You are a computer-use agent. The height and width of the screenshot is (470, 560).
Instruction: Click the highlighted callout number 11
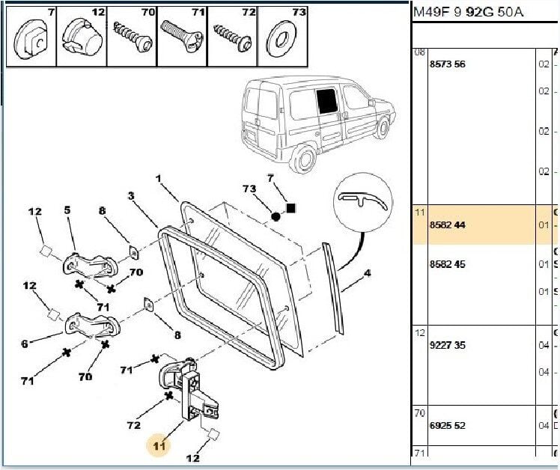pyautogui.click(x=159, y=446)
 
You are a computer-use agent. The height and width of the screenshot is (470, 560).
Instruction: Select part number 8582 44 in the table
pyautogui.click(x=447, y=225)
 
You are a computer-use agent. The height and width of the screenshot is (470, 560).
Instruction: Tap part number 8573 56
pyautogui.click(x=447, y=64)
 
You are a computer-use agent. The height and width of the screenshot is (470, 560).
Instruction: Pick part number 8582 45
pyautogui.click(x=447, y=264)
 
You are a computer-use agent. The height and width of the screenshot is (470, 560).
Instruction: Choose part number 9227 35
pyautogui.click(x=447, y=346)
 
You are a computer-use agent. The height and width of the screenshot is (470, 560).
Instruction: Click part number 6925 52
pyautogui.click(x=447, y=425)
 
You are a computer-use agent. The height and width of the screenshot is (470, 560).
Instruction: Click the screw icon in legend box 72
pyautogui.click(x=232, y=35)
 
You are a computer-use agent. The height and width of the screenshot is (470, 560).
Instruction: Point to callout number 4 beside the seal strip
pyautogui.click(x=367, y=273)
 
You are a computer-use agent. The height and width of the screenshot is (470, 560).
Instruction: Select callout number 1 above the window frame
pyautogui.click(x=159, y=179)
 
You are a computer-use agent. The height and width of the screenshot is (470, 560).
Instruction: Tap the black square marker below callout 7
pyautogui.click(x=291, y=207)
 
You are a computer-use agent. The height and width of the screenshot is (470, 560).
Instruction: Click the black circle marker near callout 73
pyautogui.click(x=276, y=216)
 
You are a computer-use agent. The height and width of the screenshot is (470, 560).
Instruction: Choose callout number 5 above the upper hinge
pyautogui.click(x=67, y=210)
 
